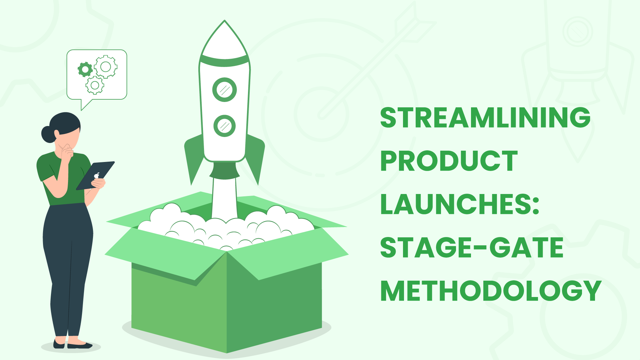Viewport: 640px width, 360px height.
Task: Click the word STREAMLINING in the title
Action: [x=485, y=118]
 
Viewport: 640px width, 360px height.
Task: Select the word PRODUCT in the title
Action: [x=449, y=161]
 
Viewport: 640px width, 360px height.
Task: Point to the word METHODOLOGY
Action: [x=491, y=291]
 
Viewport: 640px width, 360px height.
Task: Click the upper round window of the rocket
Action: [x=225, y=90]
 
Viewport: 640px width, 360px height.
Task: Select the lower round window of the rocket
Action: [x=225, y=126]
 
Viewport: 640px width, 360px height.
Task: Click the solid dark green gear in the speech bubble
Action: [x=85, y=69]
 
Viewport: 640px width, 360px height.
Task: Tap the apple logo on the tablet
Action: [x=97, y=175]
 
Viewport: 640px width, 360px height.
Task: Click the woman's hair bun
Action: [x=48, y=134]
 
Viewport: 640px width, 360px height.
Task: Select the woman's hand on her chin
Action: [x=67, y=152]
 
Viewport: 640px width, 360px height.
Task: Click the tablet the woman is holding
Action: [x=95, y=176]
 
